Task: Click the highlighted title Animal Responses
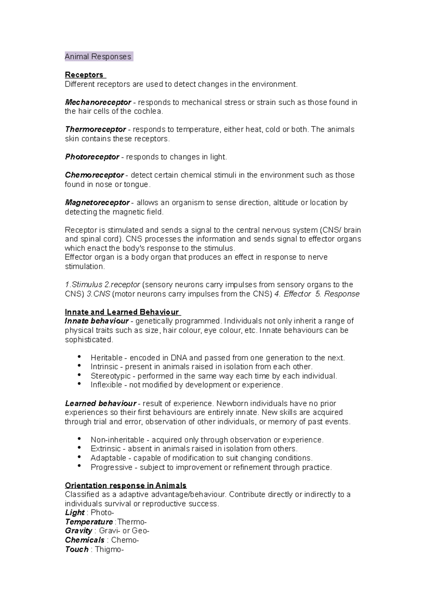[98, 56]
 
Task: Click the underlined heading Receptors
[84, 75]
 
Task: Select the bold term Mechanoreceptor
[98, 102]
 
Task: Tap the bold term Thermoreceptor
[95, 129]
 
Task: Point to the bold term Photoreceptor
[92, 157]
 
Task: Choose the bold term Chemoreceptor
[94, 175]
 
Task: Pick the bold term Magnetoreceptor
[97, 202]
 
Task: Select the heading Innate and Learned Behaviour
[122, 312]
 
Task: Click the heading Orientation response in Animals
[125, 485]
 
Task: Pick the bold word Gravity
[79, 530]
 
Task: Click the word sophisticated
[89, 340]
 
